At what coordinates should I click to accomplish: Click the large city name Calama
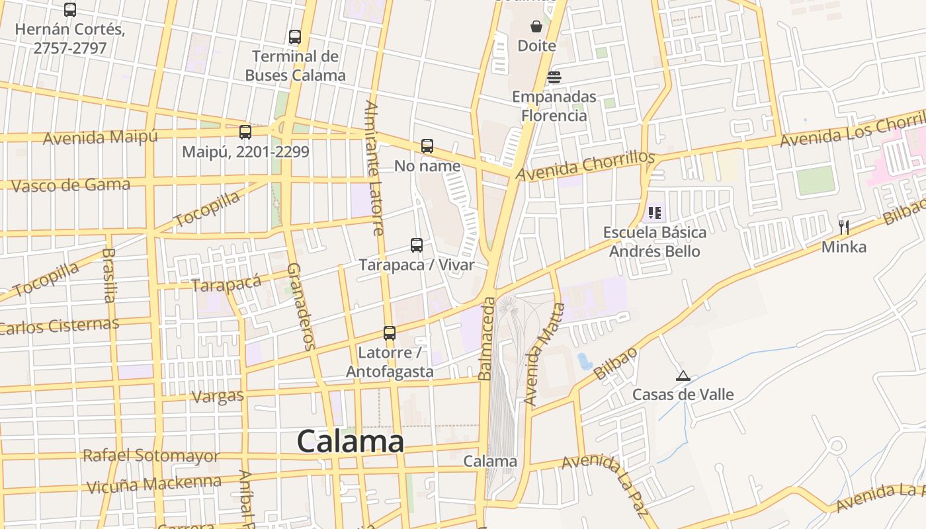(350, 441)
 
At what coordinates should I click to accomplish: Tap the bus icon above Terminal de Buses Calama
(295, 37)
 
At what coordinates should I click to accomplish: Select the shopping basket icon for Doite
(536, 26)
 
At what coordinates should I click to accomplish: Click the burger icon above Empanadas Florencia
(554, 77)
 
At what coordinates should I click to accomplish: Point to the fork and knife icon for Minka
(843, 227)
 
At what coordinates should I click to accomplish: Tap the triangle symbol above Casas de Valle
(683, 376)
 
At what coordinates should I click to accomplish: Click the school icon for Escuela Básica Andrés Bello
(655, 212)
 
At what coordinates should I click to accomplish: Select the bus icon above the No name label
(427, 145)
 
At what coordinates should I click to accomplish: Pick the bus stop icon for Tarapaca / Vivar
(417, 245)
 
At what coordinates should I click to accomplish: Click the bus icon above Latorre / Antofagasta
(390, 333)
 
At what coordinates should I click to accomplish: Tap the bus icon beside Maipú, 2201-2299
(245, 132)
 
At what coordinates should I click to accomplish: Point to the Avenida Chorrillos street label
(585, 165)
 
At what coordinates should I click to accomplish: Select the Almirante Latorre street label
(374, 168)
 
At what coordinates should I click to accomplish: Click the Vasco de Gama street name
(71, 184)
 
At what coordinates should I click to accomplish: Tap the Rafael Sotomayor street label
(151, 456)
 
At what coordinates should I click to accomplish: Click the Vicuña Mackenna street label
(154, 483)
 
